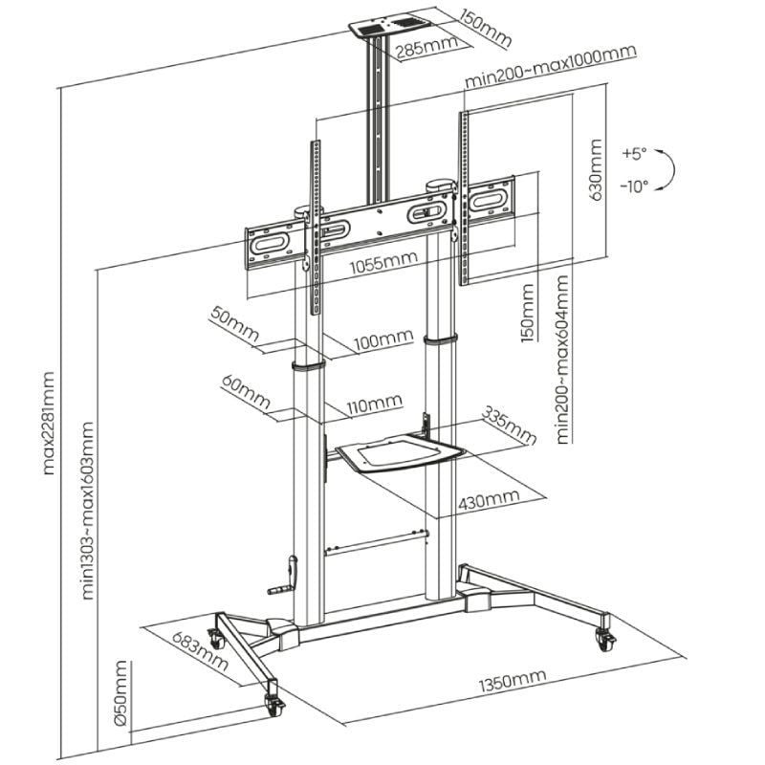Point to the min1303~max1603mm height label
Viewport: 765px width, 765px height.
pos(88,511)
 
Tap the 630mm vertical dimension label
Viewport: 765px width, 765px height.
pos(595,171)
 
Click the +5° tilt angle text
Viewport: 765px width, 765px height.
pos(633,152)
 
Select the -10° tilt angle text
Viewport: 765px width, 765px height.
pos(633,186)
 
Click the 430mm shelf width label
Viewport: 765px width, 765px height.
pos(488,497)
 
